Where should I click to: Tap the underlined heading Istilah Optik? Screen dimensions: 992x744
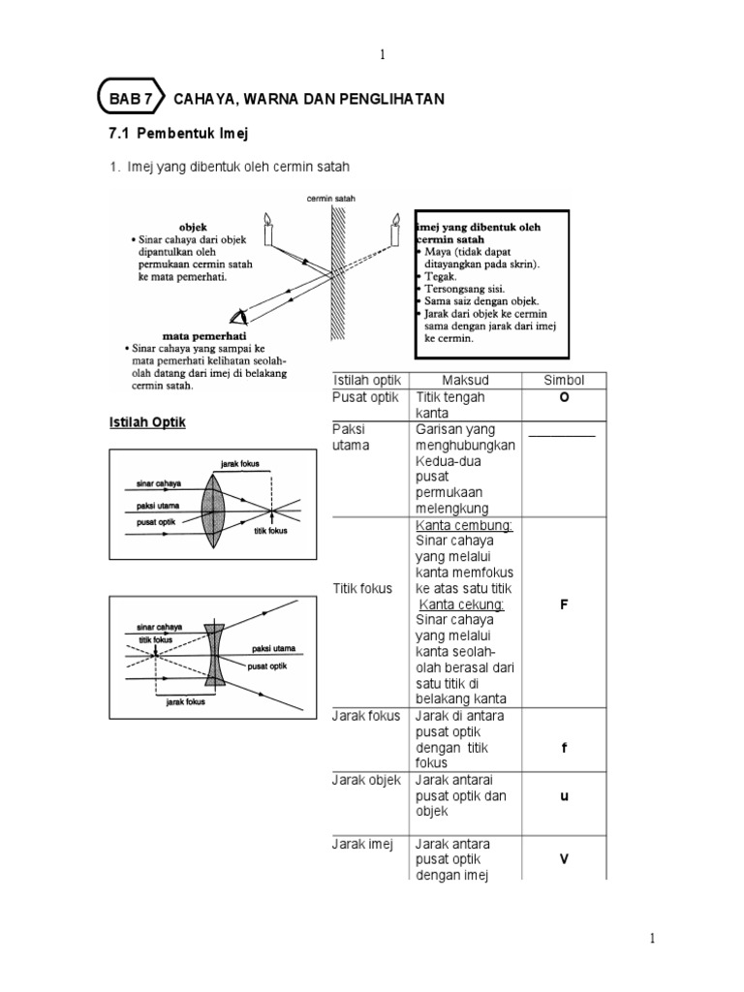point(147,423)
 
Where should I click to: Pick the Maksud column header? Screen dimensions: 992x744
point(467,379)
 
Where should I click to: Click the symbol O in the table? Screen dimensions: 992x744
point(562,397)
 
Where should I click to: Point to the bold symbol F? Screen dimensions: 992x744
point(562,604)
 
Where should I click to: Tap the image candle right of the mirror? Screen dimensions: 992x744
point(394,230)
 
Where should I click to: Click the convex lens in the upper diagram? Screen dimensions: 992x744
point(212,503)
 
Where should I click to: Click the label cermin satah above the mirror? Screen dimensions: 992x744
point(331,199)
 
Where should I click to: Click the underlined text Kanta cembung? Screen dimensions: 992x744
point(465,525)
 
